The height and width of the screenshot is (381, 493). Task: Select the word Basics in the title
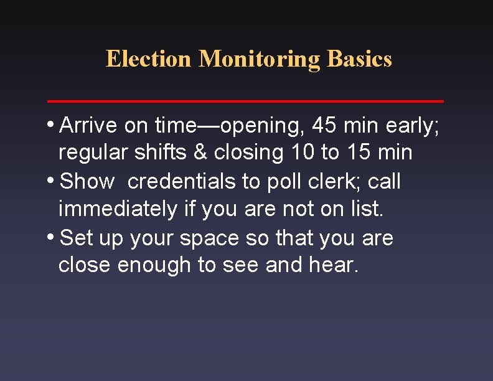360,59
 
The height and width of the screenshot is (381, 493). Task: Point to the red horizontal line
246,100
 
